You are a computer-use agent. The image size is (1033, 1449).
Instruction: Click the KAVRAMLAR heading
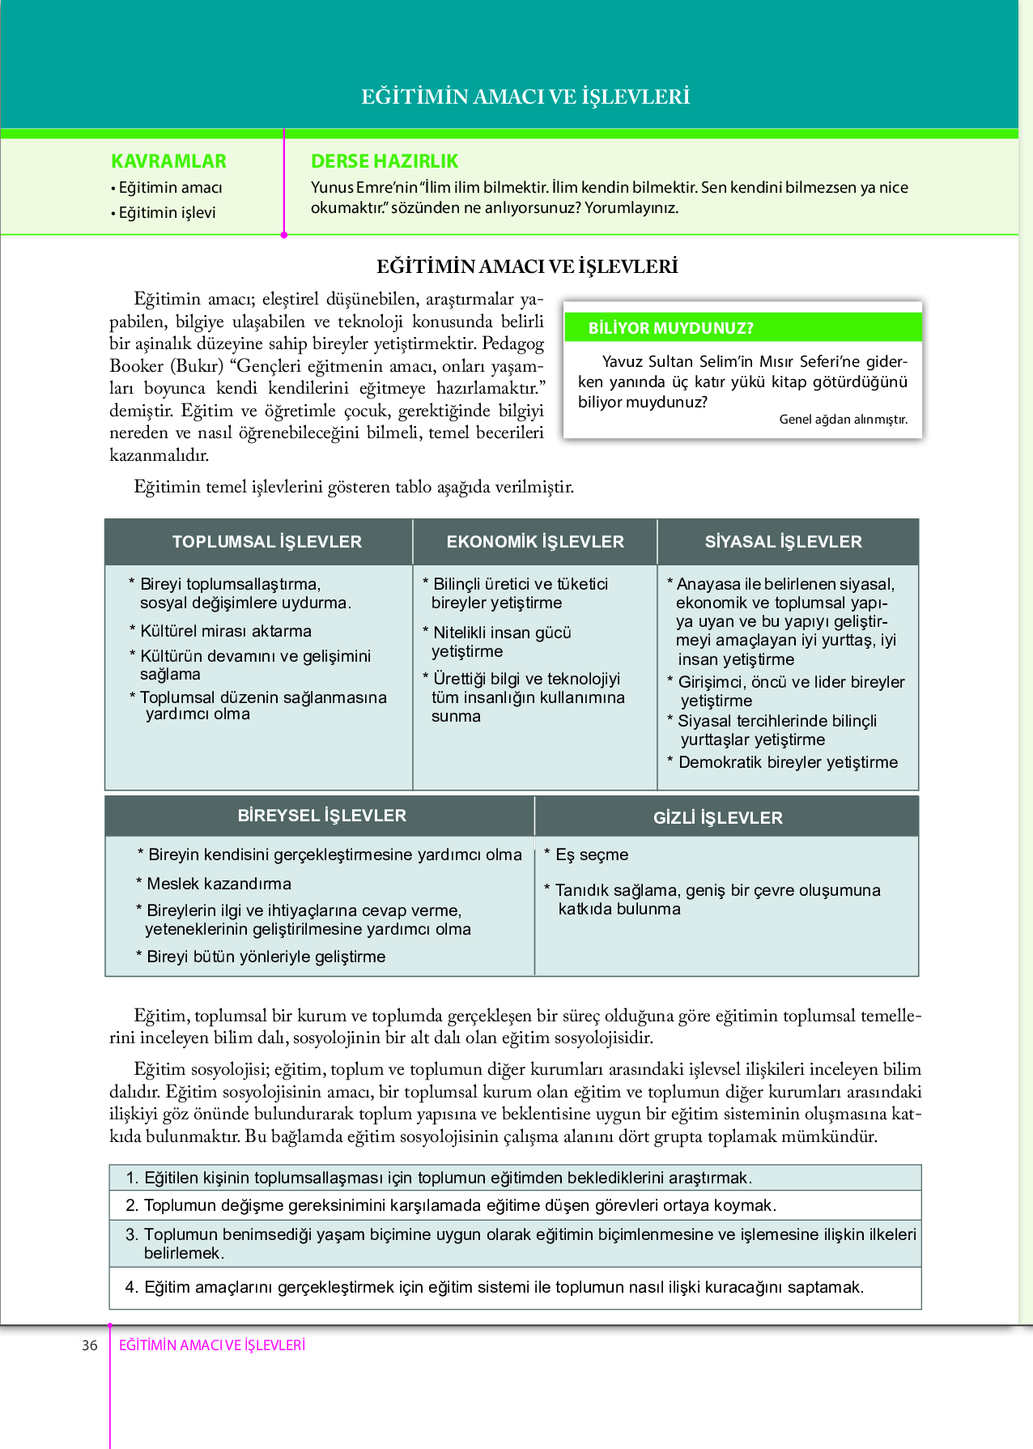(x=168, y=161)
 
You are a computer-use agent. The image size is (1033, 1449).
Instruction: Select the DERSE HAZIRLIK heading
(x=385, y=161)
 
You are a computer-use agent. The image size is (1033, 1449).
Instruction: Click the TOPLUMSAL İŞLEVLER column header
(x=266, y=542)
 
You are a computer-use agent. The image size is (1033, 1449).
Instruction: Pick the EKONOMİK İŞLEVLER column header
(x=535, y=542)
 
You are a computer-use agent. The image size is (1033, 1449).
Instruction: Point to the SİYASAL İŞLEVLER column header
(x=784, y=542)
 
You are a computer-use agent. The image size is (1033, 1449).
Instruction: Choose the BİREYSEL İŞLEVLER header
(x=321, y=816)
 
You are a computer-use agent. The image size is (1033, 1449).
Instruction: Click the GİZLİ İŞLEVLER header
(x=718, y=818)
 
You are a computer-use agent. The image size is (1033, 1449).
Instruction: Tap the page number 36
(x=89, y=1345)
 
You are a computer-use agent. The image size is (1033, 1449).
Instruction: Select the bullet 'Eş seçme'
(x=591, y=854)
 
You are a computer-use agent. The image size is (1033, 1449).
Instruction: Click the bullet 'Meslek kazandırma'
(x=219, y=884)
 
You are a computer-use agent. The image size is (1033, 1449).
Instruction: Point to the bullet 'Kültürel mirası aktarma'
(x=225, y=631)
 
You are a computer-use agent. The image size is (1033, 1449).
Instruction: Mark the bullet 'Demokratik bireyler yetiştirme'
(x=788, y=762)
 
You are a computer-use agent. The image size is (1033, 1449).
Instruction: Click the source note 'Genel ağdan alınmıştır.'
(x=844, y=420)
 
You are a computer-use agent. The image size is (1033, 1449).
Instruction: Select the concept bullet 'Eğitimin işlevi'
(x=167, y=212)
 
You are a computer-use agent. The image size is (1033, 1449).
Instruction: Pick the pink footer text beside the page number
(x=212, y=1345)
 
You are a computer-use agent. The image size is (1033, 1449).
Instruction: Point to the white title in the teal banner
(x=525, y=96)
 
